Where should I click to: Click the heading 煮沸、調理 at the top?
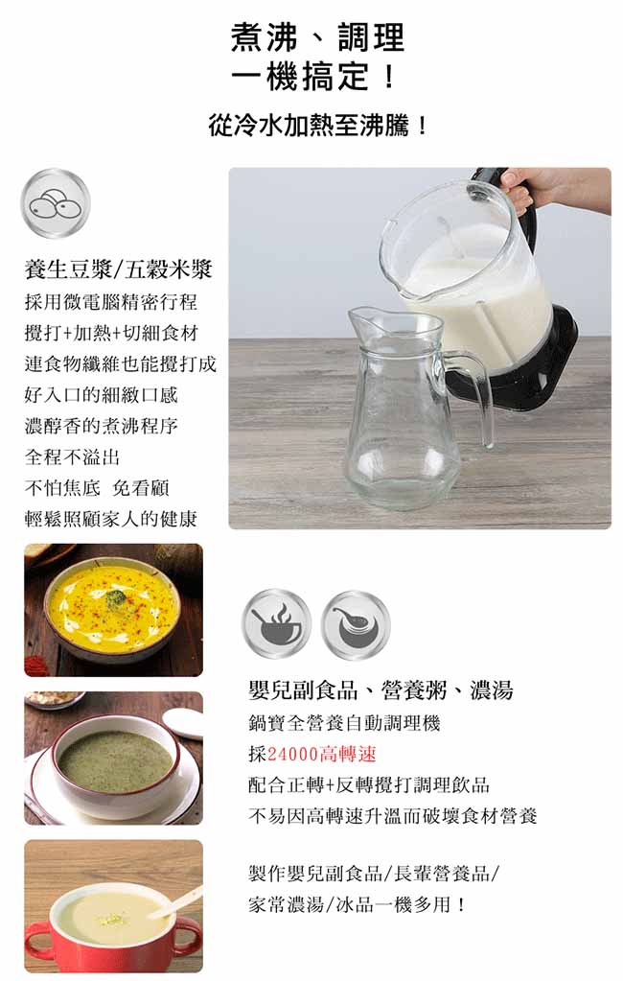[317, 37]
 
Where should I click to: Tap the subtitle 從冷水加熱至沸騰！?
[318, 126]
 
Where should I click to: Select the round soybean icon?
[56, 203]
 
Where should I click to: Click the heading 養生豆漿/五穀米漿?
[118, 269]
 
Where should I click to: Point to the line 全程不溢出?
[72, 456]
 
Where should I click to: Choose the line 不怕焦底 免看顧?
[97, 488]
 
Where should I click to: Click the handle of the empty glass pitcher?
[473, 394]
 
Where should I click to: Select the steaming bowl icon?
[276, 623]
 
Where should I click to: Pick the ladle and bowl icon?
[356, 623]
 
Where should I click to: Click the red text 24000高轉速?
[321, 754]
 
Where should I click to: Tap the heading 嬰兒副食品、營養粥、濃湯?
[381, 690]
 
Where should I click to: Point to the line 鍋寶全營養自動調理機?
[344, 723]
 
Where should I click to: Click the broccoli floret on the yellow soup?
[114, 598]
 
